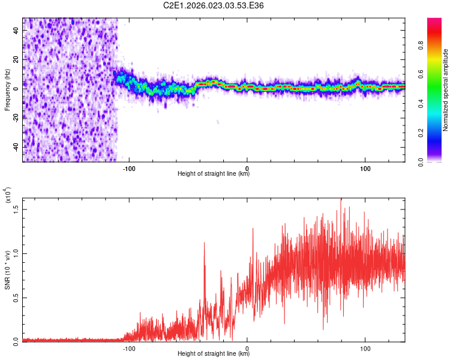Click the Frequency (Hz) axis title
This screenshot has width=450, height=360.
[x=7, y=89]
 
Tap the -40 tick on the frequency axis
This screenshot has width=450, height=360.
[x=17, y=147]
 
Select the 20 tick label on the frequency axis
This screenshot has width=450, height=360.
[x=17, y=59]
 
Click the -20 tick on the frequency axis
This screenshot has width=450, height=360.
[x=17, y=118]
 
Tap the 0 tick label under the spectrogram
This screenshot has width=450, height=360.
[x=247, y=167]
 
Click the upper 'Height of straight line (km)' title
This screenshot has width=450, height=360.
[x=214, y=174]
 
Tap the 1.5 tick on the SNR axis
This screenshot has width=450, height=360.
[x=17, y=209]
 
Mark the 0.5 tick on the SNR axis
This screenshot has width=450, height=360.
[x=17, y=297]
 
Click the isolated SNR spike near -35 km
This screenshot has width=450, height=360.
[x=205, y=244]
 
